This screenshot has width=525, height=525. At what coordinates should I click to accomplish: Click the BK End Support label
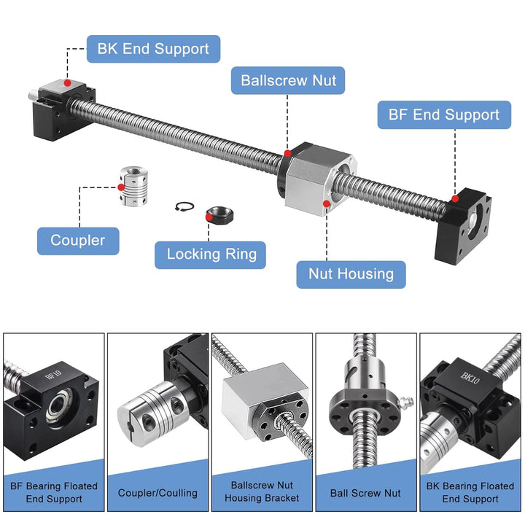pos(153,50)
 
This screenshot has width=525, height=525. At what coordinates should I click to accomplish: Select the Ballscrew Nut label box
pos(288,79)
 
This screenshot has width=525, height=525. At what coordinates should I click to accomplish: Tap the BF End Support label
pos(443,114)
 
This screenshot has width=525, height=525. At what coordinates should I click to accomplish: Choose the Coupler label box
pos(78,240)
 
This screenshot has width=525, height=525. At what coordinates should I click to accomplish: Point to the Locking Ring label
pos(211,254)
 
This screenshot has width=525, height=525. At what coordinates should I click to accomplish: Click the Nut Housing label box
pos(351,274)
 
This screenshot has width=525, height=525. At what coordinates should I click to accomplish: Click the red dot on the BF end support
pos(455,198)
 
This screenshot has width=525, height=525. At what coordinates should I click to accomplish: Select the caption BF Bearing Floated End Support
pos(54,492)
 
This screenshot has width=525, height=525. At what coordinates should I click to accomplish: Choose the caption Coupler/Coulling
pos(157,493)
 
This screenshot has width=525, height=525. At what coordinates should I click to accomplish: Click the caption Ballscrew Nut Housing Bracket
pos(262,492)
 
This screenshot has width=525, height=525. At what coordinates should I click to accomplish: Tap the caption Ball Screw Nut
pos(365,493)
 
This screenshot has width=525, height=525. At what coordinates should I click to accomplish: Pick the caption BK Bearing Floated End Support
pos(470,492)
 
